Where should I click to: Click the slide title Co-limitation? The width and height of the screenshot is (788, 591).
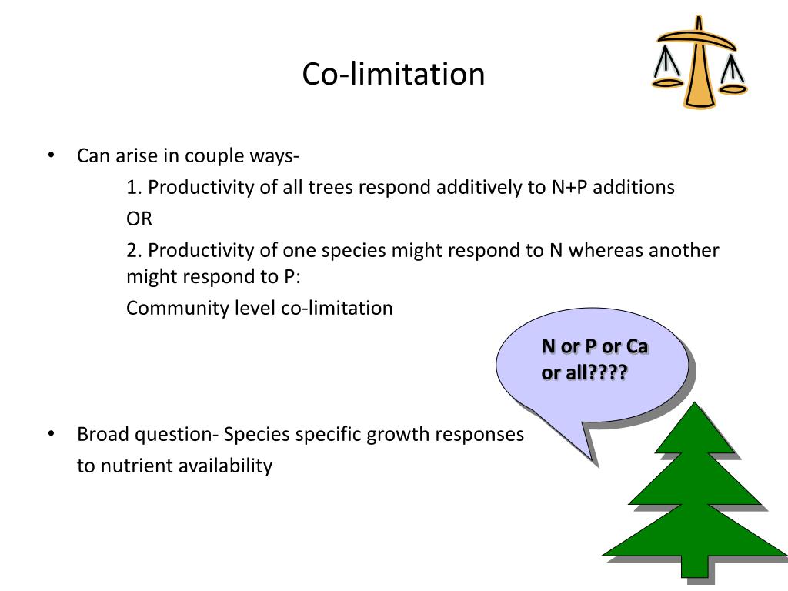coord(393,75)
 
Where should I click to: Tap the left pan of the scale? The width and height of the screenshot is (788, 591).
coord(666,79)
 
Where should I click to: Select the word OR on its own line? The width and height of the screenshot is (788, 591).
coord(139,219)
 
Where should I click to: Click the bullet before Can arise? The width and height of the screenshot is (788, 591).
coord(51,156)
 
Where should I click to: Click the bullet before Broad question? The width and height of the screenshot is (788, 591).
coord(51,434)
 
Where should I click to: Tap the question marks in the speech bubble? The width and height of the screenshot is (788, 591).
coord(600,372)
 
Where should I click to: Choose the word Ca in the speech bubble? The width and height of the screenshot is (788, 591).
coord(636,346)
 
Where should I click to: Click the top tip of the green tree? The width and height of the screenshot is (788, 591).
coord(696,406)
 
